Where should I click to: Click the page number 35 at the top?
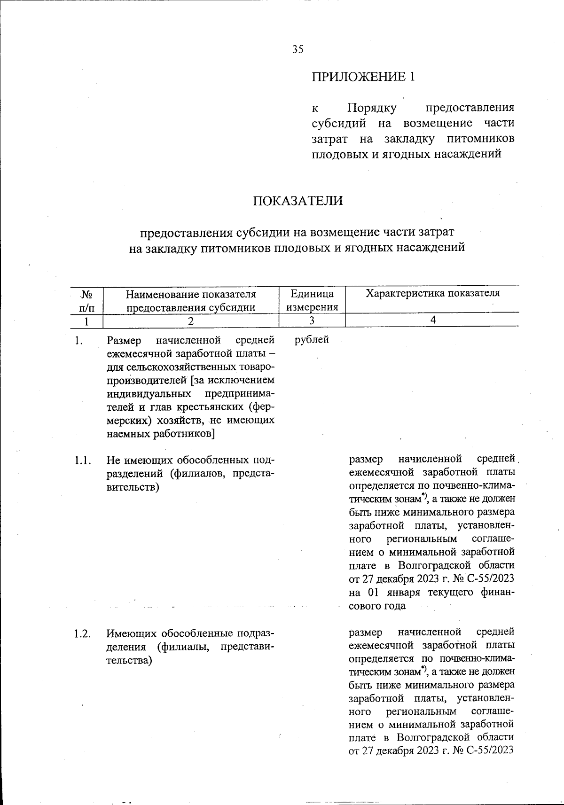click(x=298, y=49)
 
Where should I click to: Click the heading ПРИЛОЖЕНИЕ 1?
click(x=364, y=77)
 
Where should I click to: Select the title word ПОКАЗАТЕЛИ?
click(x=298, y=201)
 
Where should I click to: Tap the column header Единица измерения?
click(x=312, y=301)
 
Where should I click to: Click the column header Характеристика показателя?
click(x=432, y=294)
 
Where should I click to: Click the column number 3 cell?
click(x=312, y=320)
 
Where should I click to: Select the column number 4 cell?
click(x=432, y=320)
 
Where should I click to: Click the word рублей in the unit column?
click(x=312, y=339)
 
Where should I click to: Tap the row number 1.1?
click(x=82, y=460)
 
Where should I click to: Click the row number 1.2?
click(x=82, y=633)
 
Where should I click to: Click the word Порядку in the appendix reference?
click(x=372, y=108)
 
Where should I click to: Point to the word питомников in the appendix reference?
click(x=480, y=139)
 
